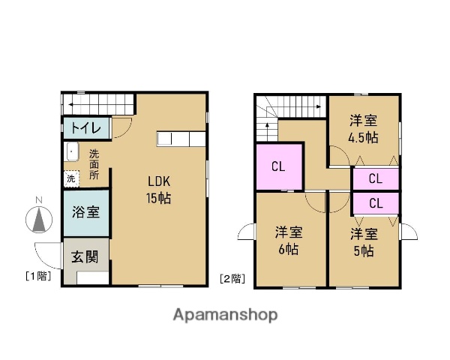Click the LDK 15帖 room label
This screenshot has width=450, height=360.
point(157,189)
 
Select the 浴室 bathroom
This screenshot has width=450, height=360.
point(85,211)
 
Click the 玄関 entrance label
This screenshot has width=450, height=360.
point(85,257)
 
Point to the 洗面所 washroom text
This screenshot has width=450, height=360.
point(94,164)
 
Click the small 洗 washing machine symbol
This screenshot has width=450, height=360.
point(70,178)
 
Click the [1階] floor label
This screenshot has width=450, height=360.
point(37,276)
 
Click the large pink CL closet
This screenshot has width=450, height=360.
point(278,166)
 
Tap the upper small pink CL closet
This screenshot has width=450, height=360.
point(375,179)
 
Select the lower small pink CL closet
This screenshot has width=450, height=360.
point(375,202)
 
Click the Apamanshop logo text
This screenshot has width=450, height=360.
point(225,315)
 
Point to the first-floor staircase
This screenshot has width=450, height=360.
point(97,103)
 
